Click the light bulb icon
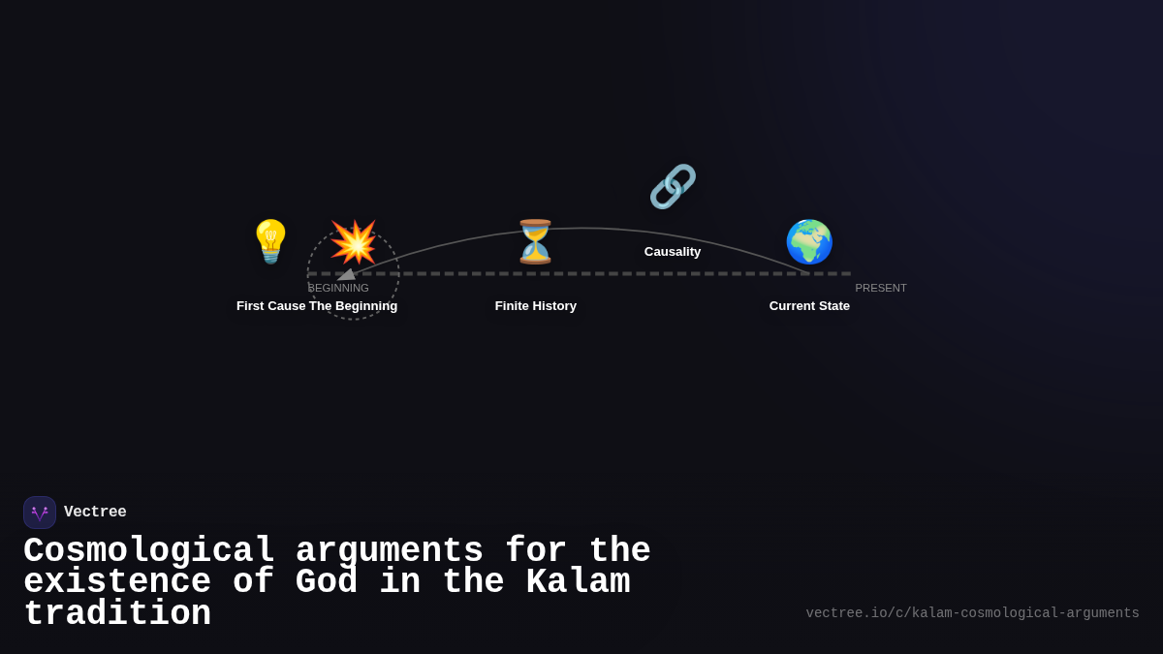point(270,241)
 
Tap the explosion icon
point(353,241)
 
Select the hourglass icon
point(535,241)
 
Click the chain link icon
point(673,186)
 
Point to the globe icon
point(809,241)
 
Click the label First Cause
point(270,306)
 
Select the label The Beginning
point(354,306)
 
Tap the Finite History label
point(536,306)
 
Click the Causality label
point(673,252)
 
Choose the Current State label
point(809,306)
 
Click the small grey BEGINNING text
point(338,288)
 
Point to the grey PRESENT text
point(881,288)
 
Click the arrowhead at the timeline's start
point(346,275)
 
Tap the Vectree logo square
point(40,513)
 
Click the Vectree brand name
point(95,513)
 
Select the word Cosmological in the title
point(149,551)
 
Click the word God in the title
point(327,582)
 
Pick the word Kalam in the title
point(578,582)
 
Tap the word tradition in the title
point(117,614)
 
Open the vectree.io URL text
point(972,613)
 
